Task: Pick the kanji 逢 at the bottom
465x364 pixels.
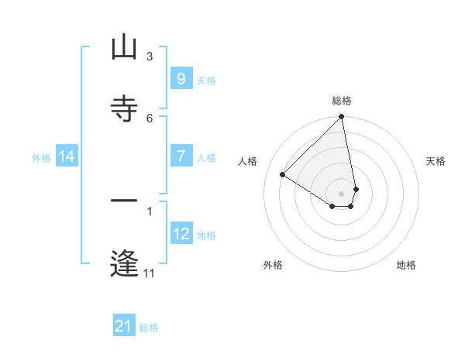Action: (x=124, y=263)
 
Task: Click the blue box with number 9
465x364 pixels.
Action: (x=181, y=79)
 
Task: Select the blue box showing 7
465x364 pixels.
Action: (x=181, y=156)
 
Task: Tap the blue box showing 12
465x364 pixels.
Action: (x=181, y=234)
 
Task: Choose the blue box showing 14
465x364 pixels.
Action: (x=67, y=156)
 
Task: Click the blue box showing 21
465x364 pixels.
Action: (x=124, y=326)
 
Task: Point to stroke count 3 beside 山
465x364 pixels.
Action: (x=149, y=56)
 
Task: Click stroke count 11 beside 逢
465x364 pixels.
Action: (x=149, y=273)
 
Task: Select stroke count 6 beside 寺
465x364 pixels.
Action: (x=149, y=118)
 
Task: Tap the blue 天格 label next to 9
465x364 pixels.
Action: (x=206, y=80)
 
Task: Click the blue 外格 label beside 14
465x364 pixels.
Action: (x=41, y=157)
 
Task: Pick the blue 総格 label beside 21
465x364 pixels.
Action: (x=149, y=327)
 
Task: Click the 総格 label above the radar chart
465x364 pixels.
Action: (x=342, y=101)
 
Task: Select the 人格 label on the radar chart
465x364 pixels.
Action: (x=248, y=161)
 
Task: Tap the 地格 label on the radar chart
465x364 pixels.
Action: (x=406, y=265)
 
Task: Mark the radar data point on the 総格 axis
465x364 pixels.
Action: (x=341, y=118)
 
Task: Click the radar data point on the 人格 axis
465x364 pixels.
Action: (x=283, y=174)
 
